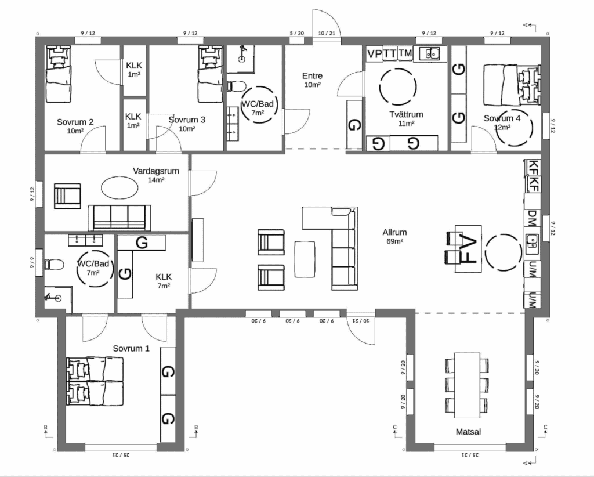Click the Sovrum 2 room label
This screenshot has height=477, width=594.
pos(75,122)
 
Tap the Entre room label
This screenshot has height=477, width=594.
pos(312,76)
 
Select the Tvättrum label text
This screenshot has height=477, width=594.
pos(406,114)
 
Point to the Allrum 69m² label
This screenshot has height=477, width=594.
pos(394,236)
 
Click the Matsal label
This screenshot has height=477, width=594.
pos(468,432)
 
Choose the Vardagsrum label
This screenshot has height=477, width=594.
pos(155,171)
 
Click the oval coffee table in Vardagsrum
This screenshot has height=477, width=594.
pos(119,187)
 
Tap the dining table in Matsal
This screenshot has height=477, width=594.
pos(467,385)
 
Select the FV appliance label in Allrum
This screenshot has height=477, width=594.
pos(469,249)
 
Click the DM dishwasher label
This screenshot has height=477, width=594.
pos(533,219)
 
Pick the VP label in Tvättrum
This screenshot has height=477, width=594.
pos(374,54)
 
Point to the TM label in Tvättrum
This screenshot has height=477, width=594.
pos(405,53)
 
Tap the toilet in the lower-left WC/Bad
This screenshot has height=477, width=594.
pos(54,264)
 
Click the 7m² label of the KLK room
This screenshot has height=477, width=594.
pos(164,286)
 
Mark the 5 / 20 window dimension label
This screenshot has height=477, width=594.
pos(297,33)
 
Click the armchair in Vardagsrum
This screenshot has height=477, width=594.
pos(67,196)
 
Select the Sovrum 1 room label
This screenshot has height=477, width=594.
pos(131,348)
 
